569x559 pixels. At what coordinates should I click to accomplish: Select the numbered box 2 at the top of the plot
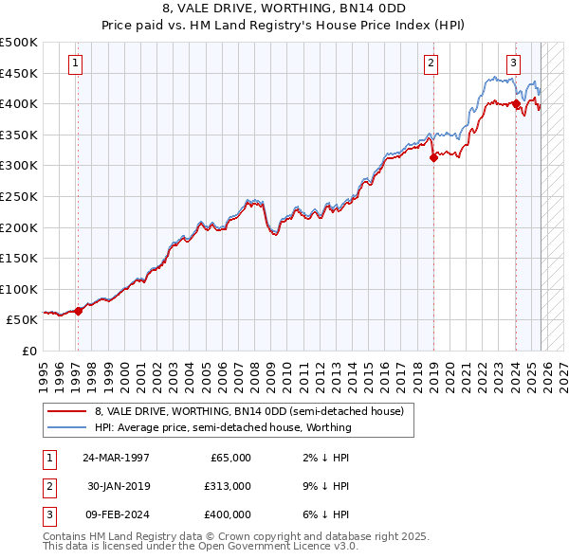pos(431,63)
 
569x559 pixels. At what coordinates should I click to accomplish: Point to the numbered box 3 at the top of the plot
pos(513,63)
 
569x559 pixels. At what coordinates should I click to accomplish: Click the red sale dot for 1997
pos(79,311)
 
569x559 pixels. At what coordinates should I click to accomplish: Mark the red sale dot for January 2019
pos(433,158)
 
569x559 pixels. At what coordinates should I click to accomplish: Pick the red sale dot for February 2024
pos(516,104)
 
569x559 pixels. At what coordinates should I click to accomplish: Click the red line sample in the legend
pos(67,411)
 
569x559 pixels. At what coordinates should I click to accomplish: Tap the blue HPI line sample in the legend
pos(67,427)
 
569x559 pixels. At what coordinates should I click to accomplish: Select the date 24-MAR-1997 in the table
pos(116,458)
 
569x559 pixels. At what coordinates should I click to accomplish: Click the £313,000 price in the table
pos(228,486)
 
